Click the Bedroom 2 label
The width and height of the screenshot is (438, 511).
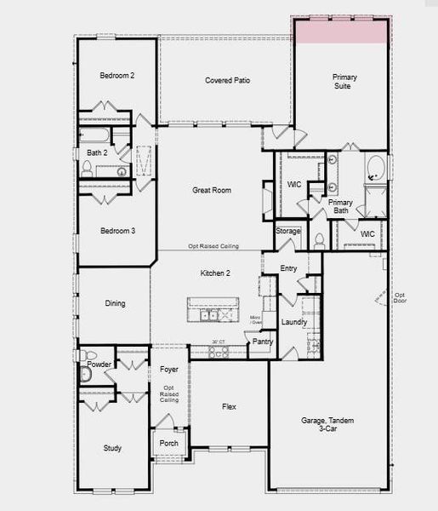pyautogui.click(x=117, y=76)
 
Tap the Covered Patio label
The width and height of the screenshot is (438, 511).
pyautogui.click(x=225, y=81)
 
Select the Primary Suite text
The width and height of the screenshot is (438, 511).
pyautogui.click(x=344, y=82)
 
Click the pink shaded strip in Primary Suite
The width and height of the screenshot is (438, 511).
pyautogui.click(x=342, y=31)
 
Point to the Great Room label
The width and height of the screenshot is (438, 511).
pyautogui.click(x=212, y=191)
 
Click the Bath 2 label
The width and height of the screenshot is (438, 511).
pyautogui.click(x=96, y=152)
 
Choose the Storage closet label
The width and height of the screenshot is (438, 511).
pyautogui.click(x=288, y=231)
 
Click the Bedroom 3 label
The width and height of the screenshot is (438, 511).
pyautogui.click(x=117, y=231)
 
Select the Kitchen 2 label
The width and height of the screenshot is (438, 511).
pyautogui.click(x=215, y=273)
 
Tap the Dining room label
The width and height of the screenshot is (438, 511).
pyautogui.click(x=115, y=303)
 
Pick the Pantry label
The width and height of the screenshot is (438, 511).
pyautogui.click(x=263, y=342)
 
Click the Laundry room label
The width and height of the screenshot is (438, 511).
pyautogui.click(x=293, y=322)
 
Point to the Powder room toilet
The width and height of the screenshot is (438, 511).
pyautogui.click(x=86, y=373)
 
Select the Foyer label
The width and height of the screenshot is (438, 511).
pyautogui.click(x=169, y=370)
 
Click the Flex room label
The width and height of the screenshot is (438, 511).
pyautogui.click(x=229, y=407)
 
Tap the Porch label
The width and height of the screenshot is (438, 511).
pyautogui.click(x=168, y=444)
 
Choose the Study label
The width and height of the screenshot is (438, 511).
pyautogui.click(x=112, y=448)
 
